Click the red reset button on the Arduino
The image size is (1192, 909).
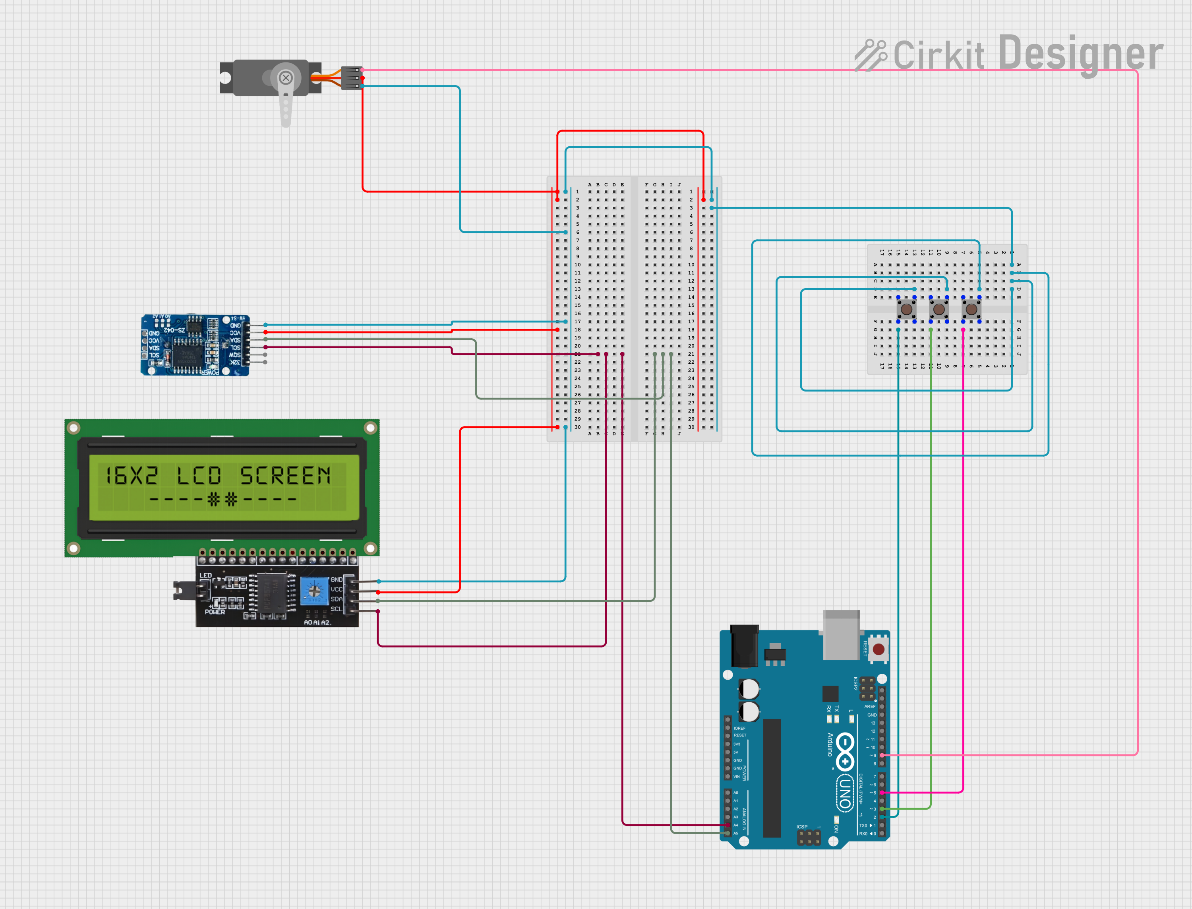click(x=879, y=649)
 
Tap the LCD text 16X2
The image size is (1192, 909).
click(x=132, y=476)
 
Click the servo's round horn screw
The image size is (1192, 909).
click(x=286, y=78)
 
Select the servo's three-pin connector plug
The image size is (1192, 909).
click(x=352, y=78)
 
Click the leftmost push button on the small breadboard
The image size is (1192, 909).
click(x=906, y=310)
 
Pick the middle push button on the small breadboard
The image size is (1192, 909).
click(x=939, y=310)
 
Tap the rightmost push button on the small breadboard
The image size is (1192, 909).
click(x=971, y=310)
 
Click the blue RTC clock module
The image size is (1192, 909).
click(x=195, y=345)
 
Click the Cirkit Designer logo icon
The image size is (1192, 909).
click(x=870, y=54)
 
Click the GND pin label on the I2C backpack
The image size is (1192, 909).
click(x=337, y=580)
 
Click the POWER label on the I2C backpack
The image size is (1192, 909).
click(x=215, y=612)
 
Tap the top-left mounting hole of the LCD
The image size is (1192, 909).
click(x=74, y=428)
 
